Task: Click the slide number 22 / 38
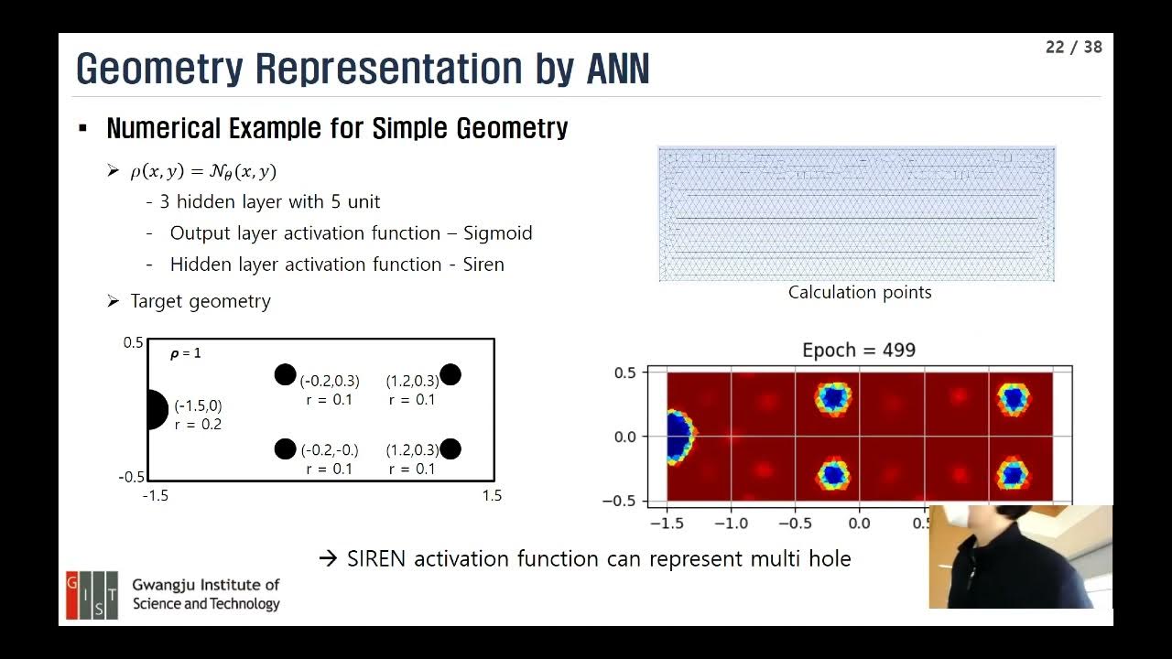pyautogui.click(x=1073, y=47)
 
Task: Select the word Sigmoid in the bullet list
pyautogui.click(x=497, y=233)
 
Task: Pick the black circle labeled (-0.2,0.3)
pyautogui.click(x=286, y=374)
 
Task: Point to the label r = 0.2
pyautogui.click(x=198, y=424)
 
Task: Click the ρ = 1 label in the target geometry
pyautogui.click(x=186, y=353)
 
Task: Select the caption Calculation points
pyautogui.click(x=860, y=292)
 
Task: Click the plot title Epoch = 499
pyautogui.click(x=858, y=350)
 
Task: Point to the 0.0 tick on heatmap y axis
pyautogui.click(x=625, y=437)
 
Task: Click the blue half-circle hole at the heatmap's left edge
pyautogui.click(x=678, y=436)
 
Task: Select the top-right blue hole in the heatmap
pyautogui.click(x=1013, y=398)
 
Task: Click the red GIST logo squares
pyautogui.click(x=91, y=595)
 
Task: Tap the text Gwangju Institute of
pyautogui.click(x=206, y=585)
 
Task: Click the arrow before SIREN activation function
pyautogui.click(x=328, y=558)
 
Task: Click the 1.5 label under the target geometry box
pyautogui.click(x=492, y=496)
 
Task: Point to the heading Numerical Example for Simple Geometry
pyautogui.click(x=337, y=128)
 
